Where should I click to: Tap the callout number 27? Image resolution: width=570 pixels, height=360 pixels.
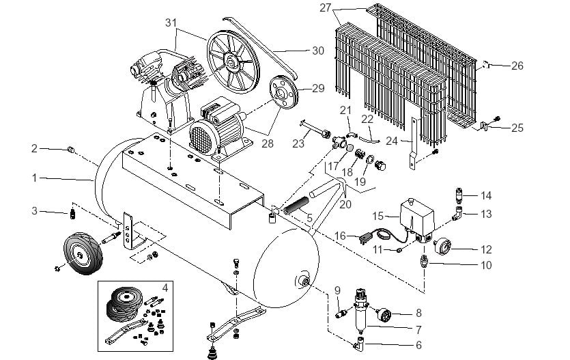(x=325, y=8)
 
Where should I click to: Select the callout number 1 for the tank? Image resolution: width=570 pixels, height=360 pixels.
(x=33, y=178)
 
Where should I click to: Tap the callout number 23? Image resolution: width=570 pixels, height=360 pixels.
(x=298, y=144)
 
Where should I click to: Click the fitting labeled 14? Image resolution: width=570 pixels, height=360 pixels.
(x=459, y=196)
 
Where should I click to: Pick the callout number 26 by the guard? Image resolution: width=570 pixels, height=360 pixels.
(x=517, y=66)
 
